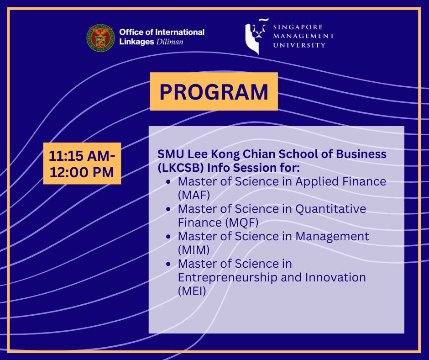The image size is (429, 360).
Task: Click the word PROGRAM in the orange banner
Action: [214, 91]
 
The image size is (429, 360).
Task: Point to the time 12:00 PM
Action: [82, 172]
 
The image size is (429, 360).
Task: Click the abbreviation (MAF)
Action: [194, 195]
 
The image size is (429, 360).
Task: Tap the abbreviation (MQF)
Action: [242, 222]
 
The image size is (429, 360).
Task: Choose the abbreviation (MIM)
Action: [194, 250]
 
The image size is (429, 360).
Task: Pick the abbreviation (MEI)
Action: [192, 291]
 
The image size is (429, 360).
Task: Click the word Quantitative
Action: [330, 209]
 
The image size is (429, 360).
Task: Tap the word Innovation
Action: [335, 277]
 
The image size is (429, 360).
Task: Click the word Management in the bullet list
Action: [332, 237]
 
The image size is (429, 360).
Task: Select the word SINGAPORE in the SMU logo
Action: [298, 27]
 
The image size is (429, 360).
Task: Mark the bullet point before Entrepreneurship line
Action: [168, 264]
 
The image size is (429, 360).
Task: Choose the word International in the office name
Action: [180, 32]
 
